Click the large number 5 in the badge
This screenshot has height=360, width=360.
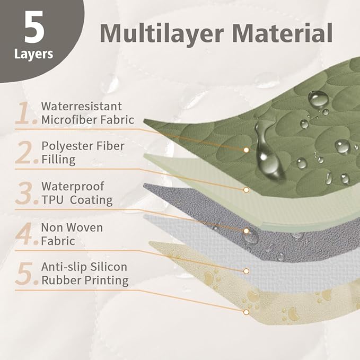[34, 27]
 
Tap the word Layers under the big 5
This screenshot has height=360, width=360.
[33, 55]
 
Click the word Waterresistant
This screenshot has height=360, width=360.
[82, 106]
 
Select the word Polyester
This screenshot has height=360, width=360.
[67, 146]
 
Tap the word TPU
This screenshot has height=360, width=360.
[52, 200]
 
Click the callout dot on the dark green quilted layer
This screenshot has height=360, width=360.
[246, 150]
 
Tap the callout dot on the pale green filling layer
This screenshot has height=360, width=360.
[246, 190]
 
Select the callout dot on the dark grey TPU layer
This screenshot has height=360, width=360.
[246, 231]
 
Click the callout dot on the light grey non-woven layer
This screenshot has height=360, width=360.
[246, 271]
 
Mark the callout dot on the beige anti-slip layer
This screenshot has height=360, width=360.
[246, 312]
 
